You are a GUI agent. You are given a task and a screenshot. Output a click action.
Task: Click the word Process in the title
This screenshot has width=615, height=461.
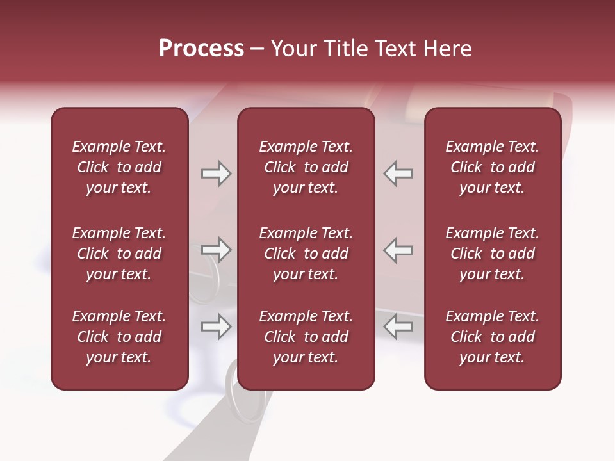[201, 49]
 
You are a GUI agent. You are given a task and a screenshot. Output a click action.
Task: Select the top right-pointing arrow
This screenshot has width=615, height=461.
[216, 174]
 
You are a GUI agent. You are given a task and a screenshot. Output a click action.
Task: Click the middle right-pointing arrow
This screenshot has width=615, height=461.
[216, 250]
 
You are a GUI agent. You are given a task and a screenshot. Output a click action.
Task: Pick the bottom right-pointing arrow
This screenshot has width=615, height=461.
[216, 327]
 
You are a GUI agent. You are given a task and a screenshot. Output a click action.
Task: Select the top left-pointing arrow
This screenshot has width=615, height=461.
[398, 174]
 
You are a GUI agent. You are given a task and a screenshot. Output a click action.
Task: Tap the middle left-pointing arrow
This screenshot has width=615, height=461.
[398, 250]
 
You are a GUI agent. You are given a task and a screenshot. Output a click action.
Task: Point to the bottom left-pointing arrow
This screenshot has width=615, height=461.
[398, 327]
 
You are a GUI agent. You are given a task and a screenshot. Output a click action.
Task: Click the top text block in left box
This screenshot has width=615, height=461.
[119, 167]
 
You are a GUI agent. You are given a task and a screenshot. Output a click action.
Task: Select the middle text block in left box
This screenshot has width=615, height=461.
[119, 254]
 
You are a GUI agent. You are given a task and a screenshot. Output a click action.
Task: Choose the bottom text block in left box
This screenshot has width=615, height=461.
[119, 337]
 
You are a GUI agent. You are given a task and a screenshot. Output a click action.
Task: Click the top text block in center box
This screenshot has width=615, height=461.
[306, 167]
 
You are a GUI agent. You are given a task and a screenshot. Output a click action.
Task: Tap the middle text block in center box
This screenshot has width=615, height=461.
[306, 254]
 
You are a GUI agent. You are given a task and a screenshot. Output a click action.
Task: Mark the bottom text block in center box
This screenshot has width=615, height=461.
[306, 337]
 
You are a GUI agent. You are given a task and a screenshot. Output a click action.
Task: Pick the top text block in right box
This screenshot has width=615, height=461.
[492, 167]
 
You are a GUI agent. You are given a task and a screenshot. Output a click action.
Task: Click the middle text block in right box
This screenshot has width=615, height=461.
[492, 254]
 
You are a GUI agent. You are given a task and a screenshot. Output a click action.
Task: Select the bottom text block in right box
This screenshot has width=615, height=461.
[492, 337]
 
